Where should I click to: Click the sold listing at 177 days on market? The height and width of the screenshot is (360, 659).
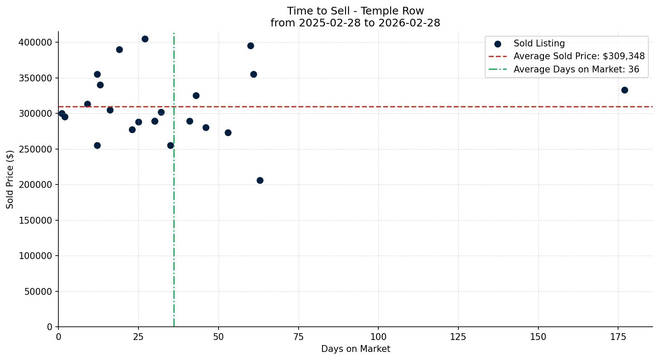click(x=624, y=90)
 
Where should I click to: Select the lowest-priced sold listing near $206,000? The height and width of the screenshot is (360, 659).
click(x=260, y=180)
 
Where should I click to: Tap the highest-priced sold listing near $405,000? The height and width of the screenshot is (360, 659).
click(x=145, y=39)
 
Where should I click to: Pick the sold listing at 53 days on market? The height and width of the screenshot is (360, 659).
click(x=228, y=132)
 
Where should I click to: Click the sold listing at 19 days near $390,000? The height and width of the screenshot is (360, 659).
click(x=119, y=49)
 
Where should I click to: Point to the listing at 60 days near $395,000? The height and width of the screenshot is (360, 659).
click(x=250, y=46)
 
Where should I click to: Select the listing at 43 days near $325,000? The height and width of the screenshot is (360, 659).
click(x=196, y=95)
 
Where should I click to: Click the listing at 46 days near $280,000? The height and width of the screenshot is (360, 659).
click(x=206, y=127)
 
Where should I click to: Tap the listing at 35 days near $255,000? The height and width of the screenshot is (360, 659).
click(x=170, y=145)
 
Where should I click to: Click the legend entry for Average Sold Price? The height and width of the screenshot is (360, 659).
click(x=579, y=56)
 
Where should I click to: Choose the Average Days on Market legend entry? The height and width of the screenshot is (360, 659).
click(x=576, y=69)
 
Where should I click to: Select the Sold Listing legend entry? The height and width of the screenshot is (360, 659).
click(x=539, y=43)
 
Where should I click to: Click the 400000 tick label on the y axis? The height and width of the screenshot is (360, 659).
click(x=35, y=42)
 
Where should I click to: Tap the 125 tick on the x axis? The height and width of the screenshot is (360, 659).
click(x=458, y=337)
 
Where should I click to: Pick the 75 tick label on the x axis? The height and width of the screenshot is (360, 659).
click(x=299, y=337)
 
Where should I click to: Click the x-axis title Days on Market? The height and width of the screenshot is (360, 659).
click(x=355, y=349)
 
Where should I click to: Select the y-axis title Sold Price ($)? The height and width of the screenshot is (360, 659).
click(x=10, y=179)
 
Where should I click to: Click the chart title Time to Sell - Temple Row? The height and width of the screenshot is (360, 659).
click(x=355, y=11)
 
